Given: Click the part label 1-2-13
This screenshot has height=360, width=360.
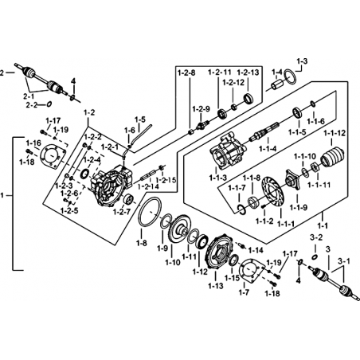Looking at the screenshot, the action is (248, 72).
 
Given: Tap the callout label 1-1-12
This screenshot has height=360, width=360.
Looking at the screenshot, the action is (335, 133).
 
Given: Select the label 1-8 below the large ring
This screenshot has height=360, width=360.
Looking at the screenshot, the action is (141, 243).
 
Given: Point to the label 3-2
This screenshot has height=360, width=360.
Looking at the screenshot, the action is (316, 237).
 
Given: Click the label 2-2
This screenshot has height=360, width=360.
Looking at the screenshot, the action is (31, 105).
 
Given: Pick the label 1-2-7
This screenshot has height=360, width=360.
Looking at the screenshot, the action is (122, 212).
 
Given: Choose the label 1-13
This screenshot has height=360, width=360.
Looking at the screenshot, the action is (216, 286).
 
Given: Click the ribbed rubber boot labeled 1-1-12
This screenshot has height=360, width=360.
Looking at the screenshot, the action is (332, 158).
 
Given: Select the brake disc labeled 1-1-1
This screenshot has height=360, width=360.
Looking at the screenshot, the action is (273, 192).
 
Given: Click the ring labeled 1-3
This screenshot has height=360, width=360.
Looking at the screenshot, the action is (291, 77).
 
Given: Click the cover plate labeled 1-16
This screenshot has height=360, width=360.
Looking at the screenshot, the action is (53, 157).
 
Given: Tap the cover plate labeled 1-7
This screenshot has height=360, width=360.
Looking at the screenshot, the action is (251, 270).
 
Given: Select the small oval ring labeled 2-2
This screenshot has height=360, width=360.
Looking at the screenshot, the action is (49, 104).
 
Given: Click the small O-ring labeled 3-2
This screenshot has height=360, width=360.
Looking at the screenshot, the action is (315, 257).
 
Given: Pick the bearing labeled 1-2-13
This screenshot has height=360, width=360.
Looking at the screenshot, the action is (248, 98).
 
